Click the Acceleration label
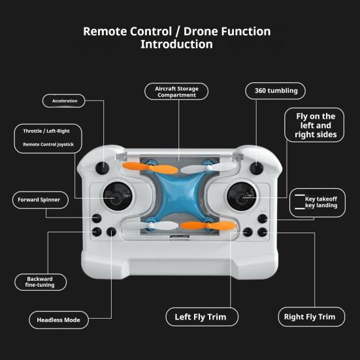pyautogui.click(x=64, y=101)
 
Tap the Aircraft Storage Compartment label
pyautogui.click(x=176, y=91)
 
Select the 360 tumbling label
pyautogui.click(x=276, y=91)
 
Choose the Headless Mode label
pyautogui.click(x=58, y=320)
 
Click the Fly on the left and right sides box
pyautogui.click(x=315, y=125)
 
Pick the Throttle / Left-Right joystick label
pyautogui.click(x=48, y=138)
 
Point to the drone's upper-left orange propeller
pyautogui.click(x=159, y=169)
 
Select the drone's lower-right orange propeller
pyautogui.click(x=199, y=225)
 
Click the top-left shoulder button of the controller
pyautogui.click(x=103, y=168)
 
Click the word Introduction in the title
pyautogui.click(x=176, y=45)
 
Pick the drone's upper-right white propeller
pyautogui.click(x=219, y=168)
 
